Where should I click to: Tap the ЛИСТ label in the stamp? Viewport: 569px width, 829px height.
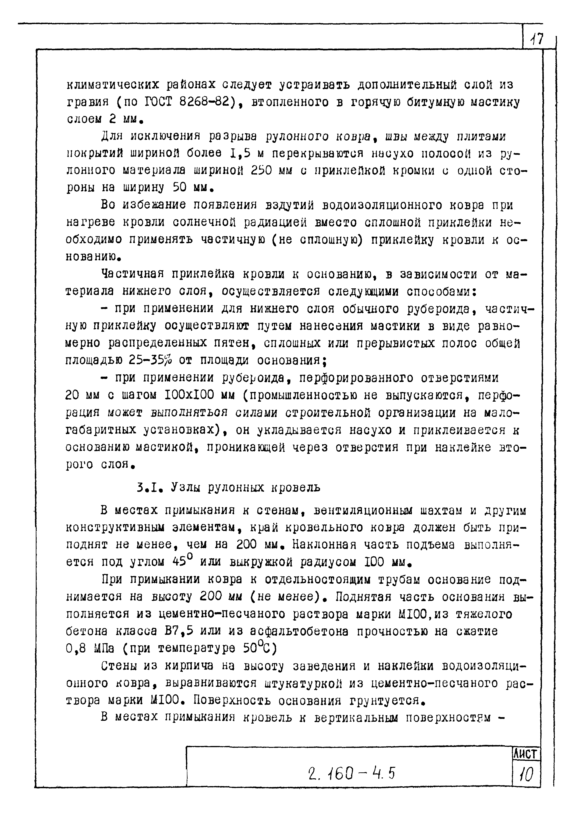[525, 754]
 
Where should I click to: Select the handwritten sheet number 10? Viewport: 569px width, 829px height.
[526, 774]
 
